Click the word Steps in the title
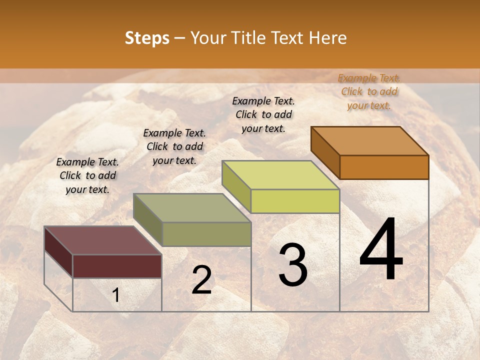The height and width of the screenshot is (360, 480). tap(147, 38)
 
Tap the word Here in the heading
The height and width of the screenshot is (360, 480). tap(327, 38)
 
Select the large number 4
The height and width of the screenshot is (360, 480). tap(381, 249)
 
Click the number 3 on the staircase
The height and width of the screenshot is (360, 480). tap(293, 264)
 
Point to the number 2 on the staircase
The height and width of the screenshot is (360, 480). tap(201, 280)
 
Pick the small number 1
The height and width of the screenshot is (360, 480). tap(115, 295)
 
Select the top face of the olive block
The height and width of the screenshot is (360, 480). tap(192, 208)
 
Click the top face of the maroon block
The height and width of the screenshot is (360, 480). tap(103, 240)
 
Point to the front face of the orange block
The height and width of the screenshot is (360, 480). tap(384, 167)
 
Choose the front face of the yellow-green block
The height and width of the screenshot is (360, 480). tap(295, 201)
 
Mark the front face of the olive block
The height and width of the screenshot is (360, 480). tap(206, 234)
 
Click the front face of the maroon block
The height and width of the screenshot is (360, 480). tap(117, 266)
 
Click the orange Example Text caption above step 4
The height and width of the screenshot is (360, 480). tap(369, 91)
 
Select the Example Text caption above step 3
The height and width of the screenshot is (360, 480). tap(263, 114)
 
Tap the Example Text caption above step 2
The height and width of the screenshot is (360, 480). tap(174, 146)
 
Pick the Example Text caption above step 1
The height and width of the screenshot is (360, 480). tap(87, 175)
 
